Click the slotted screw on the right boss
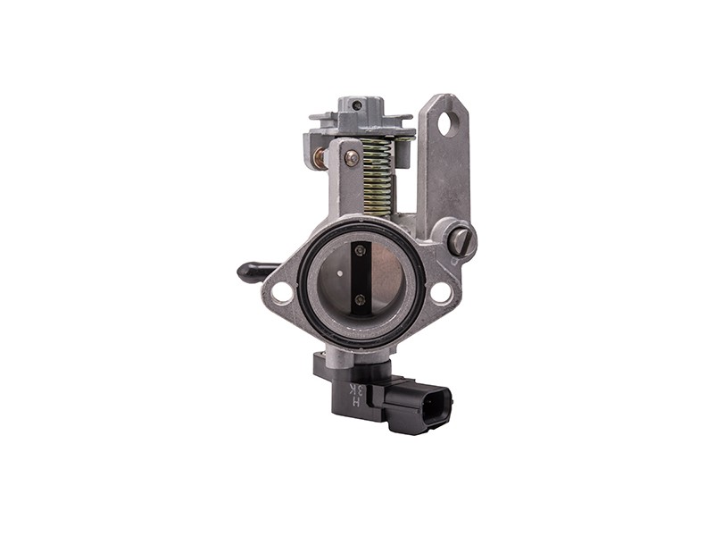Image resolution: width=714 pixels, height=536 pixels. pos(458,239)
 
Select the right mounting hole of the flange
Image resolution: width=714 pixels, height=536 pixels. pos(440,292)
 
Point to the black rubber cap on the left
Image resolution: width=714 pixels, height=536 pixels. pos(254,269)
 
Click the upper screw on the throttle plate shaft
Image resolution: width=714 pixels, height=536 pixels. pos(360,250)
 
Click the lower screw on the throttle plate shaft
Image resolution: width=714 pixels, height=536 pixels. pos(360,300)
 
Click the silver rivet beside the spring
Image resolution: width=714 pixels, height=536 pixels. pos(353,158)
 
